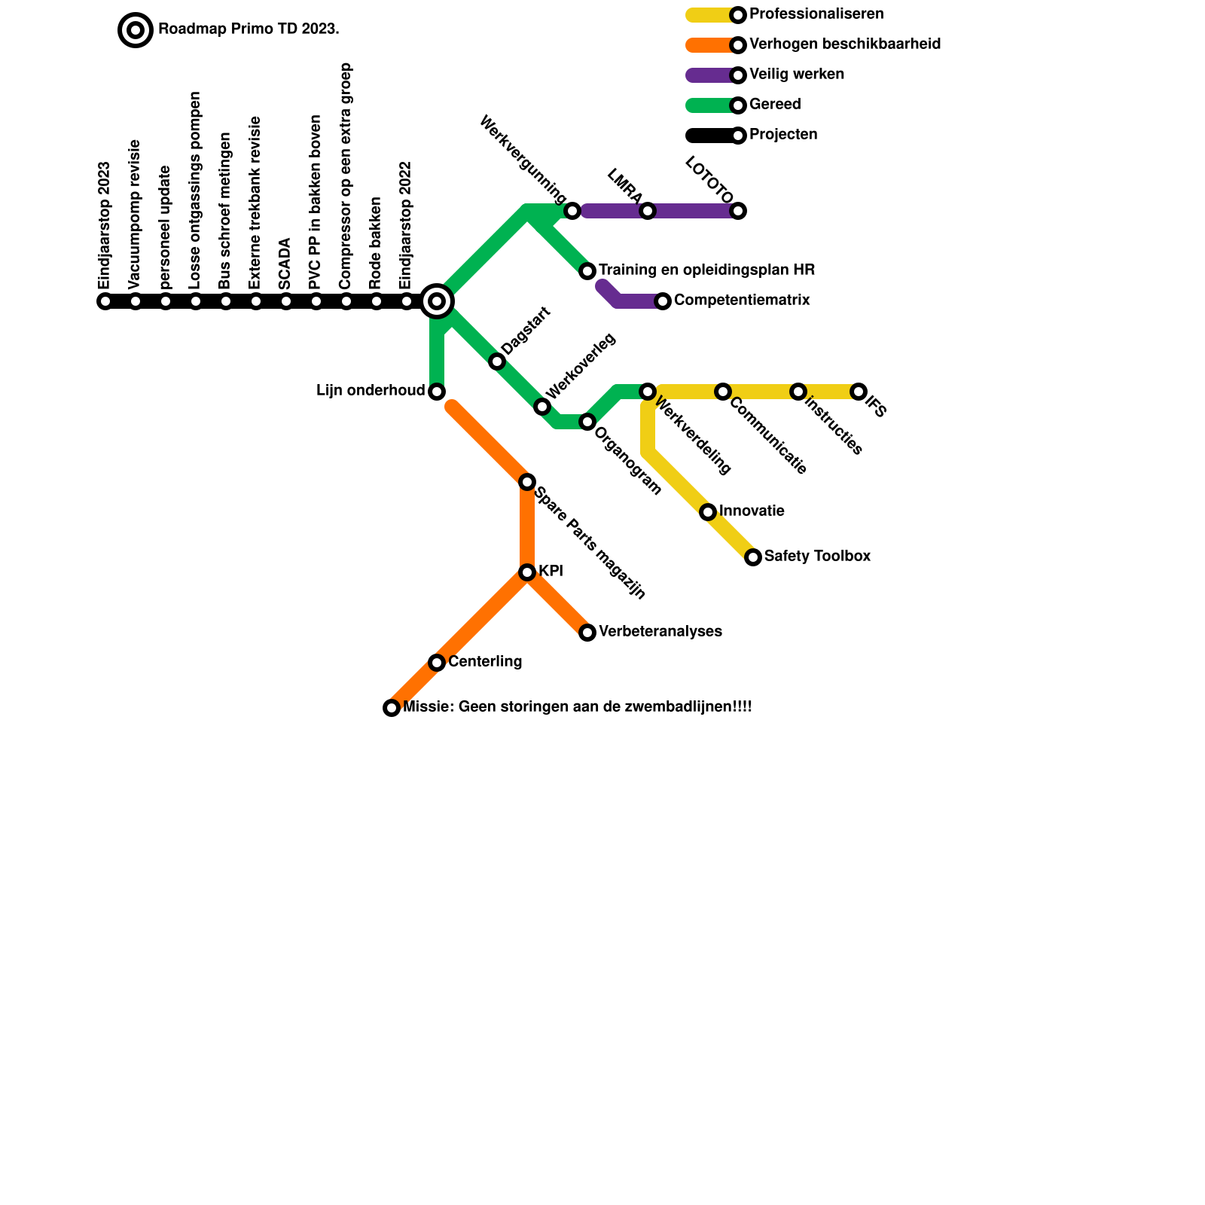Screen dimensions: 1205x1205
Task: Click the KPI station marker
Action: coord(527,572)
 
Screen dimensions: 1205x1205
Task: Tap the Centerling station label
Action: coord(485,662)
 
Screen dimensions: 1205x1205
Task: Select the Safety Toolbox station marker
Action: coord(753,557)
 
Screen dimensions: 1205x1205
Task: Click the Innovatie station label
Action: coord(752,511)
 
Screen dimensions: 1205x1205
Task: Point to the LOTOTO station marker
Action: coord(738,211)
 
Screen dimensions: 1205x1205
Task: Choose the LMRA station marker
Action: coord(648,211)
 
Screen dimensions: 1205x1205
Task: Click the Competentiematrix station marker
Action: coord(663,301)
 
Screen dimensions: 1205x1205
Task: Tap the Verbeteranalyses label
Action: coord(660,632)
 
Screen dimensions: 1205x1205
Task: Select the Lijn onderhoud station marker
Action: coord(437,392)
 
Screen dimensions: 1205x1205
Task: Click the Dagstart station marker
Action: coord(497,361)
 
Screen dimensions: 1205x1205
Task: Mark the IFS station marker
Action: coord(859,392)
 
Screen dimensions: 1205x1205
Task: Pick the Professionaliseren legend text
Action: coord(816,14)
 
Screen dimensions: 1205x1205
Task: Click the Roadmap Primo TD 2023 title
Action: coord(249,30)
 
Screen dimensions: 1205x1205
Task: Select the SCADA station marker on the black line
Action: coord(286,302)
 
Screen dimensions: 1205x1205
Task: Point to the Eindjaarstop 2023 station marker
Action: coord(105,302)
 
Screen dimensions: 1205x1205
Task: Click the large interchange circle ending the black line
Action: coord(437,301)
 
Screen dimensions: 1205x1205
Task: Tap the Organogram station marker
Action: coord(587,422)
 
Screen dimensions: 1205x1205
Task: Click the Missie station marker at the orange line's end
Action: coord(392,708)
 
